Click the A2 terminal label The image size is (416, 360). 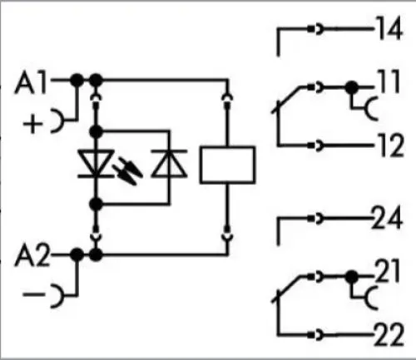point(32,255)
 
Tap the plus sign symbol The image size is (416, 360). point(32,124)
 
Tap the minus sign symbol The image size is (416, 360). point(33,293)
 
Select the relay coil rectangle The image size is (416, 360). point(227,165)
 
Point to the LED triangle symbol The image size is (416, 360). point(96,164)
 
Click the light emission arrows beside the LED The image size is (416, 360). point(128,170)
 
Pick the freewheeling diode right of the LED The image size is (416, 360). point(169,164)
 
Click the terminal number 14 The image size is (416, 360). point(389,28)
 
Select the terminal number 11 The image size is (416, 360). point(389,81)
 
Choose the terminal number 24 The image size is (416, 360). point(387,218)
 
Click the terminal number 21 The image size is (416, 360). point(387,271)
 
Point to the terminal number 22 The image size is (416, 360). point(389,335)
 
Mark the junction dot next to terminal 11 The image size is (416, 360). point(352,87)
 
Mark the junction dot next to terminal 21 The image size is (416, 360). point(352,277)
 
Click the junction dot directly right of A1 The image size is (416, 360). point(77,81)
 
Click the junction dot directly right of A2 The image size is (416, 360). point(77,254)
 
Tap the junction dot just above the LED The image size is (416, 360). point(97,131)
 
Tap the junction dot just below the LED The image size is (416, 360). point(97,205)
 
